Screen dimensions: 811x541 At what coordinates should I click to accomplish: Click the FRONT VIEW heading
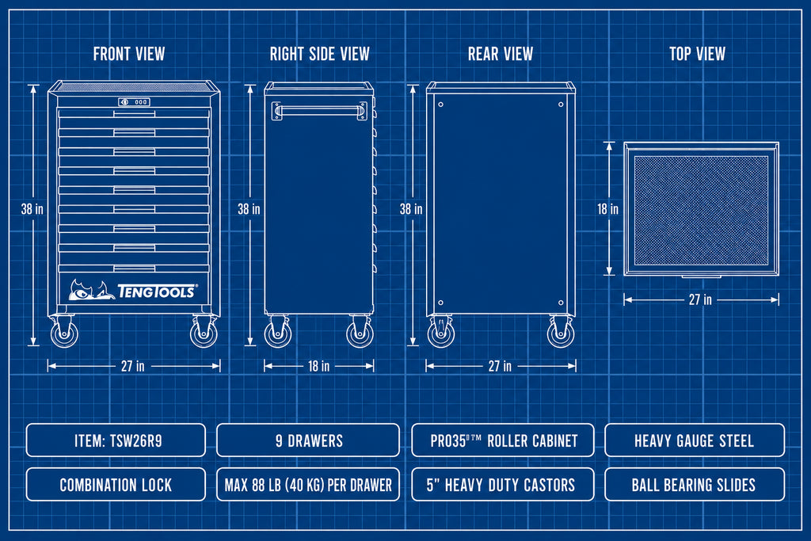coord(129,54)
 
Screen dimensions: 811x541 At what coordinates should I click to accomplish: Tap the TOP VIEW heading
coord(697,54)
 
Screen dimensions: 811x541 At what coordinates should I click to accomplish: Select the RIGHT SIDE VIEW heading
coord(320,54)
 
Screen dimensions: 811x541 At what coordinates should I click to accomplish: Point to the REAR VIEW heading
coord(501,54)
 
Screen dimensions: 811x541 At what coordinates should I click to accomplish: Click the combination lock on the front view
coord(134,102)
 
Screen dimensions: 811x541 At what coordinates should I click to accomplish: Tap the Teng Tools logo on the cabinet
coord(133,290)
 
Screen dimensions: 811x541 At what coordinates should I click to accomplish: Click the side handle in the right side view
coord(320,111)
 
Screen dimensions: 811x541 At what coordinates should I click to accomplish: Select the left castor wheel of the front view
coord(64,333)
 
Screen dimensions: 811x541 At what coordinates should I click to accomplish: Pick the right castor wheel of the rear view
coord(561,333)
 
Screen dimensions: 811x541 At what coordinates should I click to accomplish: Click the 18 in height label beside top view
coord(607,209)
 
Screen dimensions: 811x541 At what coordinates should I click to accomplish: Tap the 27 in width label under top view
coord(700,299)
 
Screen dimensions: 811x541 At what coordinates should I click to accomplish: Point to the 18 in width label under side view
coord(318,366)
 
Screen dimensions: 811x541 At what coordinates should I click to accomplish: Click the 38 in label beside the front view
coord(32,209)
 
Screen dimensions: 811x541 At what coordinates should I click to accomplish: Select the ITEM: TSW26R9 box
coord(116,440)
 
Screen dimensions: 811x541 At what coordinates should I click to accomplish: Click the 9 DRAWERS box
coord(308,440)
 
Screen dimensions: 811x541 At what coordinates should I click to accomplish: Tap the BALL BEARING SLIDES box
coord(695,485)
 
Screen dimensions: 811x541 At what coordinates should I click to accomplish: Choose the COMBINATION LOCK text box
coord(116,485)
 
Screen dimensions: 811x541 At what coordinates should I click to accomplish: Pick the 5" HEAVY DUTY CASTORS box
coord(503,485)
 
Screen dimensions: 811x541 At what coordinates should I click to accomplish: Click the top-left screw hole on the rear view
coord(440,105)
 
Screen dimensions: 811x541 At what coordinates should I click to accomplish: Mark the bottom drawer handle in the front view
coord(134,268)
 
